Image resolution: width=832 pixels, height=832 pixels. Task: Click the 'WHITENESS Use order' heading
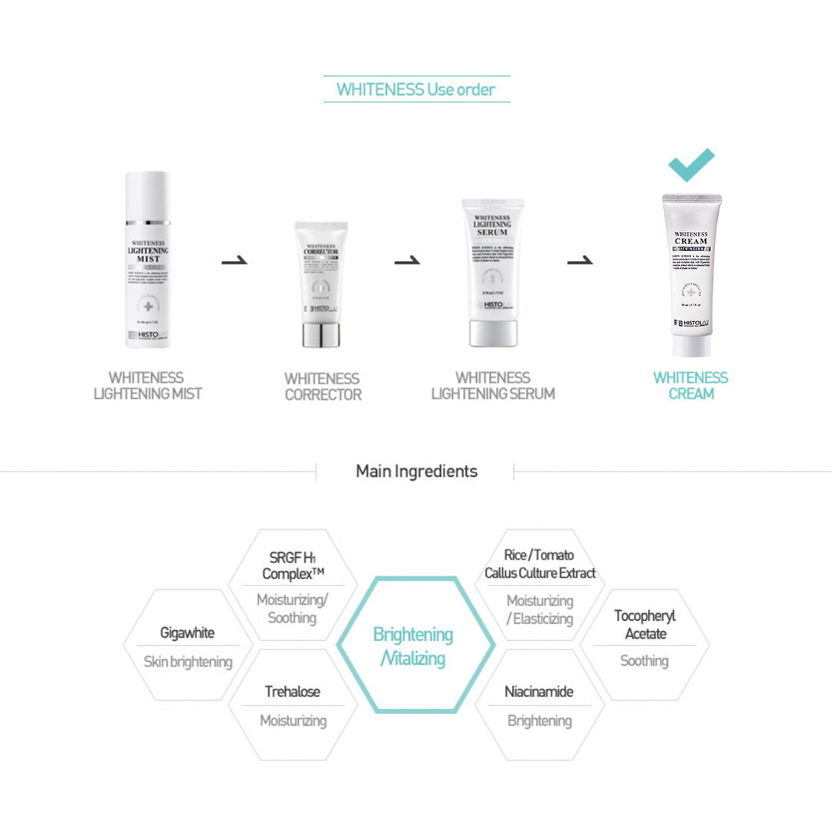(x=416, y=89)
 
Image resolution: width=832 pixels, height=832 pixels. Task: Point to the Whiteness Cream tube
(x=691, y=273)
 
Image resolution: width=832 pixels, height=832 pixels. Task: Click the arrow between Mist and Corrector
(x=234, y=262)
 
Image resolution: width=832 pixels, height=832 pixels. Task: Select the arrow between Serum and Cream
(x=579, y=262)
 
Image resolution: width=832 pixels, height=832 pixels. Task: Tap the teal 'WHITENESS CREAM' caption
(x=690, y=385)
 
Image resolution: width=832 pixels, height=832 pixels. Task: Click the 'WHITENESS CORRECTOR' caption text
(x=322, y=386)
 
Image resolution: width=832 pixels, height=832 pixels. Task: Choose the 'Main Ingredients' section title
(x=416, y=471)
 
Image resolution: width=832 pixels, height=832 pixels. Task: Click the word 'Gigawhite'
(x=187, y=633)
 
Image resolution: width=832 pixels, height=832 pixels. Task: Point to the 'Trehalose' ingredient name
(x=292, y=691)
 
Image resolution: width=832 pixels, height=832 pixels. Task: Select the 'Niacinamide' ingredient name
(x=538, y=691)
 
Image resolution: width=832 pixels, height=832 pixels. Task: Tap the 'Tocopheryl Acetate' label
(x=645, y=625)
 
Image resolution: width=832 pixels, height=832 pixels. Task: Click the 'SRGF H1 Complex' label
(x=293, y=565)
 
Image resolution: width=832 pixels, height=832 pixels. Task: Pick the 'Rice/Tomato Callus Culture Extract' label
(x=539, y=564)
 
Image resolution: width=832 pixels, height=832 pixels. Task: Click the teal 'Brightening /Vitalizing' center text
(x=414, y=646)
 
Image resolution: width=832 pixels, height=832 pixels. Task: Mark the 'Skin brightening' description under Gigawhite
(x=187, y=662)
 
